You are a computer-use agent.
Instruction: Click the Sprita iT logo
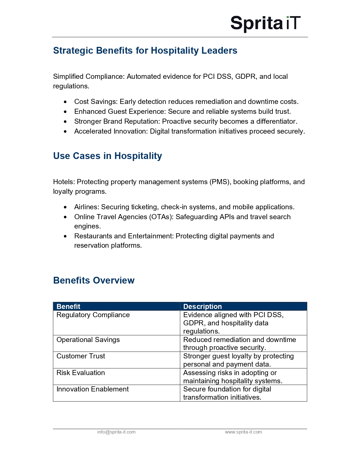pyautogui.click(x=265, y=23)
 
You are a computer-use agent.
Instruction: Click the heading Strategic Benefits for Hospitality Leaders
pyautogui.click(x=145, y=51)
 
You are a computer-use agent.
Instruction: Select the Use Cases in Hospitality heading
pyautogui.click(x=108, y=156)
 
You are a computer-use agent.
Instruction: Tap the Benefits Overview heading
pyautogui.click(x=94, y=280)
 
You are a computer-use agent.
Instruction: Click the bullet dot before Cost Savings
pyautogui.click(x=66, y=102)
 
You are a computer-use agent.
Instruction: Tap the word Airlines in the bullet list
pyautogui.click(x=86, y=207)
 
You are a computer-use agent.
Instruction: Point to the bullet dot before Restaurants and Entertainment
pyautogui.click(x=66, y=236)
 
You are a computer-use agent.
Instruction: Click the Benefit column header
pyautogui.click(x=69, y=306)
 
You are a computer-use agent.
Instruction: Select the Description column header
pyautogui.click(x=202, y=306)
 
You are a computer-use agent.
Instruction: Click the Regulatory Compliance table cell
pyautogui.click(x=93, y=315)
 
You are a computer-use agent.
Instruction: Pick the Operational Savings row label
pyautogui.click(x=88, y=340)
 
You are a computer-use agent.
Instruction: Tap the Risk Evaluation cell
pyautogui.click(x=81, y=373)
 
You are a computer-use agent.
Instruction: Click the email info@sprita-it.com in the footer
pyautogui.click(x=116, y=432)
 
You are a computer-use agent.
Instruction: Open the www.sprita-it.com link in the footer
pyautogui.click(x=243, y=432)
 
